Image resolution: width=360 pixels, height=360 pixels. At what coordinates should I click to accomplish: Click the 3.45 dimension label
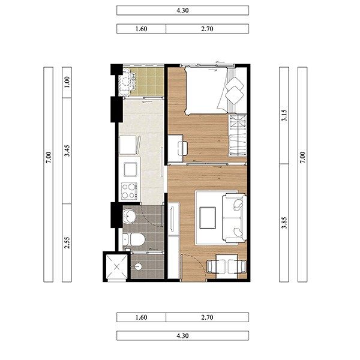(x=67, y=151)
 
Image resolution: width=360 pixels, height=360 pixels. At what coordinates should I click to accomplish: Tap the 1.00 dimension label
(x=67, y=82)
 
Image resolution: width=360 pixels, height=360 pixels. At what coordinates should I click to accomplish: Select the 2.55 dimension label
(x=67, y=242)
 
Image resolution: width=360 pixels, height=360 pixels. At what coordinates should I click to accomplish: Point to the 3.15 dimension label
(x=284, y=115)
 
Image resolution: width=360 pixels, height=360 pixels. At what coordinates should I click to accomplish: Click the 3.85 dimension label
(x=284, y=223)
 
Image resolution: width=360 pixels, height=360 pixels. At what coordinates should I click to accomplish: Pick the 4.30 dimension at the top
(x=182, y=11)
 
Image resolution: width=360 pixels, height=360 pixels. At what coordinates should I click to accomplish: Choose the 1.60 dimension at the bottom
(x=141, y=317)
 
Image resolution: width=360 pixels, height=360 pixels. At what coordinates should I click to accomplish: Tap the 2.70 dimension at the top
(x=207, y=29)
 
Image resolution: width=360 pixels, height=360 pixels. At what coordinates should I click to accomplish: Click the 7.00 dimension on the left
(x=49, y=157)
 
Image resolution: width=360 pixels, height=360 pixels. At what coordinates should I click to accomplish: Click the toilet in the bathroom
(x=134, y=239)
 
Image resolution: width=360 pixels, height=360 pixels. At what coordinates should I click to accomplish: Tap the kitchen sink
(x=130, y=169)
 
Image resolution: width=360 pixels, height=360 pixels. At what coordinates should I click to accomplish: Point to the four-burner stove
(x=129, y=191)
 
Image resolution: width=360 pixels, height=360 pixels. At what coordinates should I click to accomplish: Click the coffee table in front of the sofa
(x=208, y=218)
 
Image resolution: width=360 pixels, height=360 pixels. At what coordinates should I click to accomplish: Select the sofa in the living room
(x=235, y=218)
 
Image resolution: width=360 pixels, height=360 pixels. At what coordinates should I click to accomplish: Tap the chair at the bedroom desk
(x=183, y=148)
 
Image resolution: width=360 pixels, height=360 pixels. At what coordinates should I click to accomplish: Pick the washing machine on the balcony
(x=127, y=82)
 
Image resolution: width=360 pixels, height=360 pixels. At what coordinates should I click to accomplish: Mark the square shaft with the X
(x=117, y=266)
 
